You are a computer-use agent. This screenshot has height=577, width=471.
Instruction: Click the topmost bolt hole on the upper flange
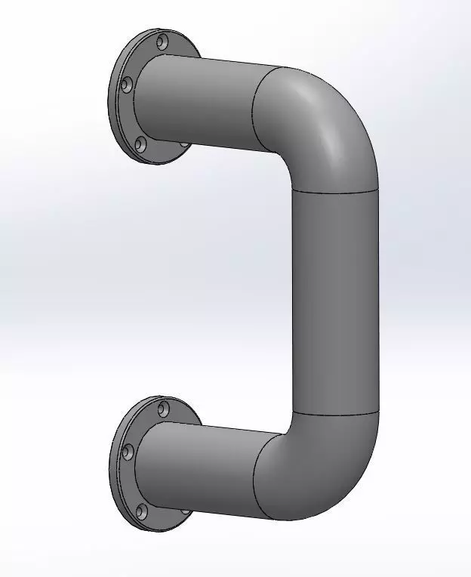click(x=162, y=42)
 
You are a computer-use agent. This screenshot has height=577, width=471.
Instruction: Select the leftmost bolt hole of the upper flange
click(x=127, y=85)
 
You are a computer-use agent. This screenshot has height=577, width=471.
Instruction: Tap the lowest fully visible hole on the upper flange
click(x=140, y=143)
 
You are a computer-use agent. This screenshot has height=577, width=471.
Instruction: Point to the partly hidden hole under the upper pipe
click(x=185, y=143)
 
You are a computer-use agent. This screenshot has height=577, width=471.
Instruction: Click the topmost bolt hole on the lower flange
click(x=163, y=409)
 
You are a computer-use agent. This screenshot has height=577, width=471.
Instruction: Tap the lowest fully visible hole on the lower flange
click(x=141, y=512)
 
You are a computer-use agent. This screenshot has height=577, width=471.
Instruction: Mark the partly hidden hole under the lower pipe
click(x=186, y=511)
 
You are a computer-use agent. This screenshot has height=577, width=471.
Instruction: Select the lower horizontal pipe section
click(x=200, y=468)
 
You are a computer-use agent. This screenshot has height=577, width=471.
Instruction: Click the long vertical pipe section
click(x=334, y=302)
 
